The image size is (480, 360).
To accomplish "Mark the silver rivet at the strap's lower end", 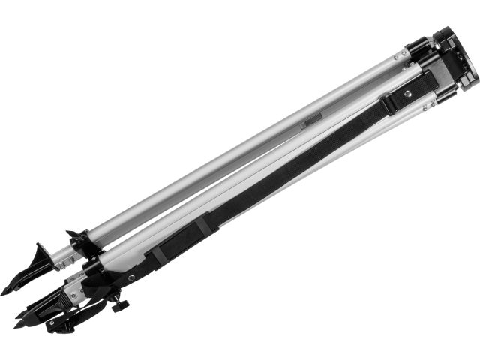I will pos(132,277).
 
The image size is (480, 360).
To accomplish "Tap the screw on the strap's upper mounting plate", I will pos(408,94).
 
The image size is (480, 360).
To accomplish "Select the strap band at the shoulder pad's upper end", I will pos(205,221).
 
